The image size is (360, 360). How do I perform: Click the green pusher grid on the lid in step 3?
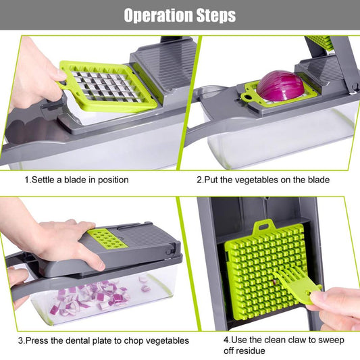coord(102,238)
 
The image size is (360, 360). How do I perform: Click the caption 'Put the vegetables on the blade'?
coord(263,180)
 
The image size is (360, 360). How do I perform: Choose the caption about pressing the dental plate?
coord(103,340)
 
